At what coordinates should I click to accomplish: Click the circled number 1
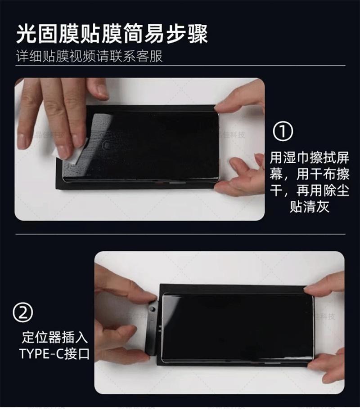point(283,131)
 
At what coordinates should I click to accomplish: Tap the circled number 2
point(23,312)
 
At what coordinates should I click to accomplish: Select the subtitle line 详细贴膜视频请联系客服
point(89,56)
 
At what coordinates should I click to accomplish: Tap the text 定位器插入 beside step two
point(54,337)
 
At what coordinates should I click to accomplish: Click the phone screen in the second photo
point(238,329)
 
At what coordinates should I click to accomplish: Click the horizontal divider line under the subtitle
point(180,66)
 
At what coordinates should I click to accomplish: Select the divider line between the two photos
point(180,234)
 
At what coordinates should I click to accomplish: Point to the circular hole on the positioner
point(153,310)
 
